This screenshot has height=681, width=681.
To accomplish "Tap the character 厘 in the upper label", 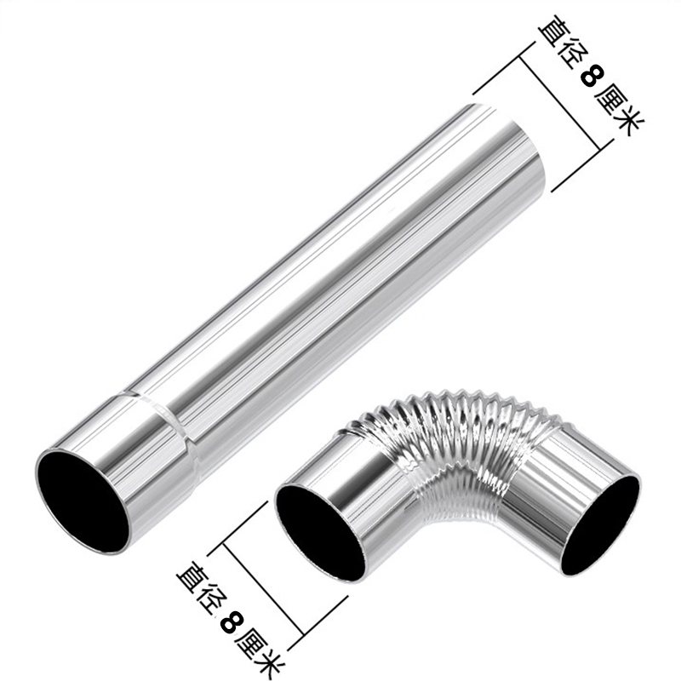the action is [610, 100].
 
